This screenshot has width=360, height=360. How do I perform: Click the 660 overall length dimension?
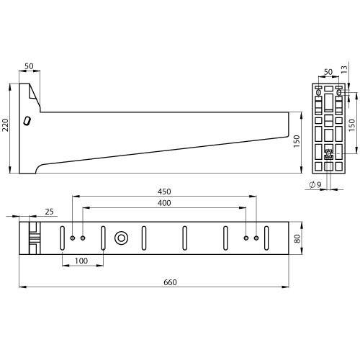pos(170,282)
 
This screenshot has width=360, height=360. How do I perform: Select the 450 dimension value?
pos(165,192)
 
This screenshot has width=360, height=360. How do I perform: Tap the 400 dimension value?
pos(165,203)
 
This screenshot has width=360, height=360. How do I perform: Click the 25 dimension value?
pos(49,211)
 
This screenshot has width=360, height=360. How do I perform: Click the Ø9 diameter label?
pos(314,185)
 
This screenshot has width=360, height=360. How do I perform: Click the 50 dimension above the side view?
pos(30,66)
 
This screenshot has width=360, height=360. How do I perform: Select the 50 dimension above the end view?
pos(328,73)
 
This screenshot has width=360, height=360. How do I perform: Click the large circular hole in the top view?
pos(121,238)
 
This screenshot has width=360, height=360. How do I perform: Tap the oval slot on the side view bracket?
pos(27,122)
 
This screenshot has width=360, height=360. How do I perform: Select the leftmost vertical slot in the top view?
pos(63,238)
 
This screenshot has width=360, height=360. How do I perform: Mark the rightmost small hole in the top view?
pos(256,238)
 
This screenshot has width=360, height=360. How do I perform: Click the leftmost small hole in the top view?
pos(73,238)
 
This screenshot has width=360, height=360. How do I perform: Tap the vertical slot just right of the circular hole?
pos(144,238)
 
